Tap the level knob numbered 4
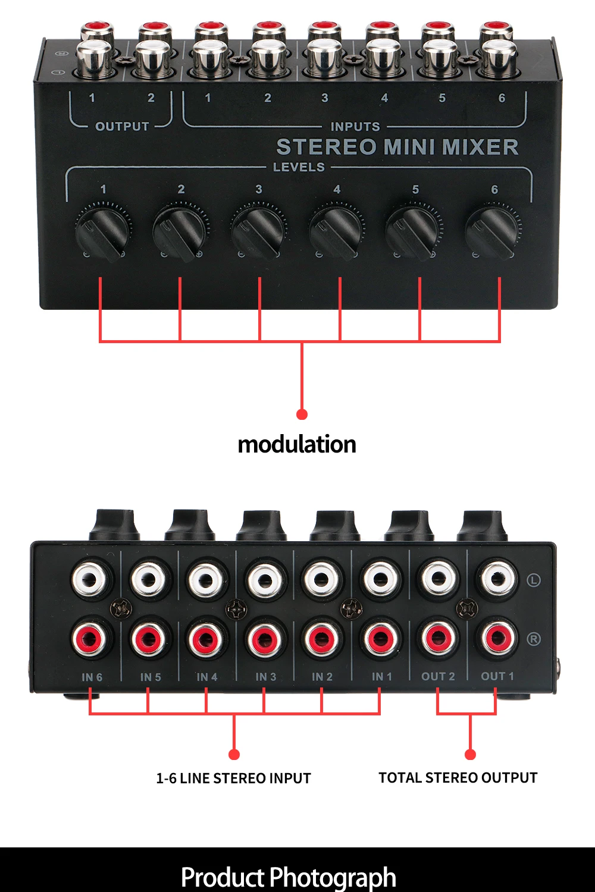(336, 231)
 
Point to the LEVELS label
(299, 167)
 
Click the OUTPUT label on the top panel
(122, 127)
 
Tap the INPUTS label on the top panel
(355, 127)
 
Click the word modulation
(297, 444)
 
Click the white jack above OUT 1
(497, 578)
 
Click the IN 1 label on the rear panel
(381, 677)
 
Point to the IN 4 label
(207, 677)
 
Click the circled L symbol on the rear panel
(534, 579)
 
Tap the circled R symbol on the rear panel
(534, 639)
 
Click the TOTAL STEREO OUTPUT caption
(458, 778)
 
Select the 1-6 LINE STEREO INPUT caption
(233, 778)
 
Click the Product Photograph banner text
(289, 877)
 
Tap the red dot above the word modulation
(302, 414)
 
